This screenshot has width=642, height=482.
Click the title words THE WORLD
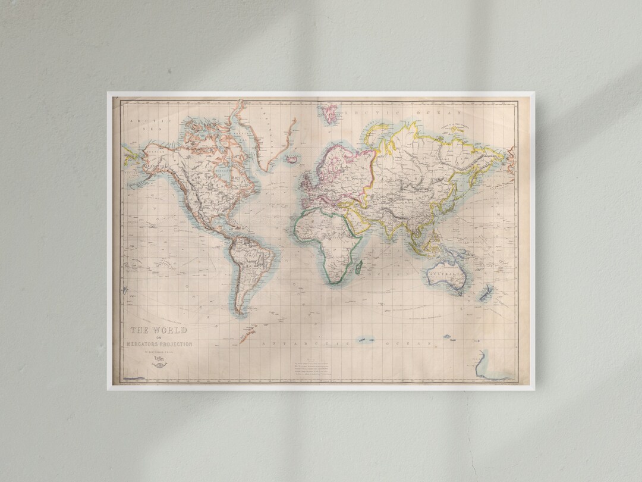tap(159, 330)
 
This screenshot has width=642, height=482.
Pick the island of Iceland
tap(291, 159)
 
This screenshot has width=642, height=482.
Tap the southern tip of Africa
tap(335, 280)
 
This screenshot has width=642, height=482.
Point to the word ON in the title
tap(159, 338)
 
